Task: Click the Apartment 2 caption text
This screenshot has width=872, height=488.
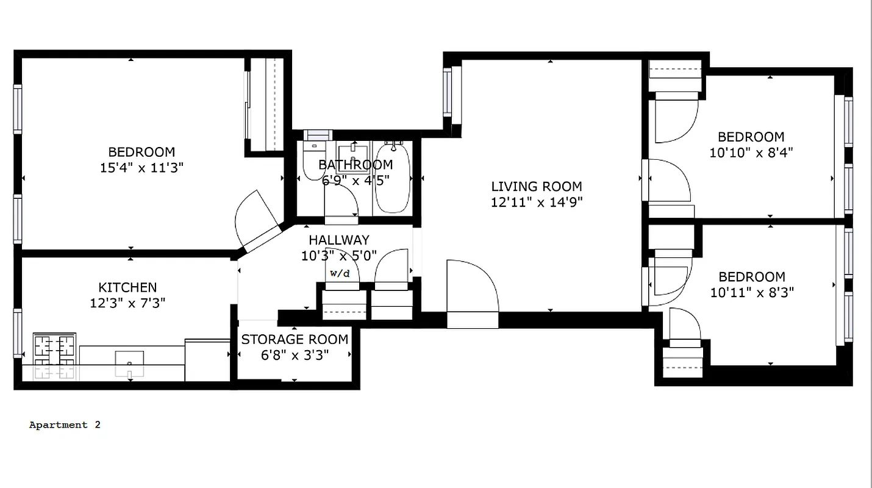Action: click(x=65, y=425)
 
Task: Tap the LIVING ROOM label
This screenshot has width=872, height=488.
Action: click(x=537, y=187)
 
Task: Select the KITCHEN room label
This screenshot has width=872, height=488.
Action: click(x=127, y=287)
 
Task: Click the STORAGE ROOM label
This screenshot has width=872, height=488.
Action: click(x=295, y=340)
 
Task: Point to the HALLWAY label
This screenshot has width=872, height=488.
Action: click(x=338, y=240)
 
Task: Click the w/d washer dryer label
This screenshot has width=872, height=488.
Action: click(x=340, y=273)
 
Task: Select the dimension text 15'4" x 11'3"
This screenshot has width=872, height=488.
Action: click(x=141, y=168)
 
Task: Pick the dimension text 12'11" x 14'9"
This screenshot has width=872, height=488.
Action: click(x=537, y=203)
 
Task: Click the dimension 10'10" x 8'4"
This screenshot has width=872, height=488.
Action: click(x=751, y=152)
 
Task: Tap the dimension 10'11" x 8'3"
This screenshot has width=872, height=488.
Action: click(x=751, y=292)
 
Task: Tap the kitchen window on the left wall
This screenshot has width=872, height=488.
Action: click(x=18, y=332)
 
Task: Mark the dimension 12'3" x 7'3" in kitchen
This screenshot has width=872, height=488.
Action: click(x=127, y=303)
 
